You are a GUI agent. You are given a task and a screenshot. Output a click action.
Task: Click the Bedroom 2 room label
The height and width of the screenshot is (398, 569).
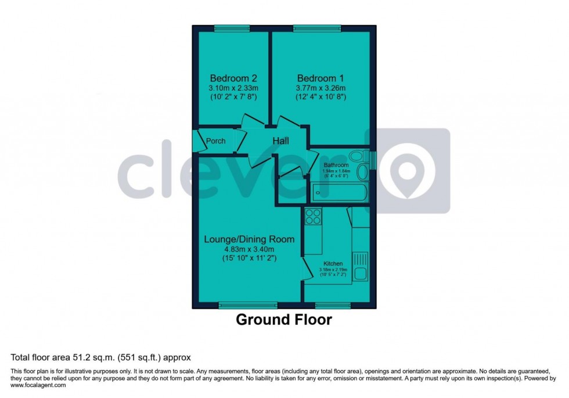[x=233, y=78]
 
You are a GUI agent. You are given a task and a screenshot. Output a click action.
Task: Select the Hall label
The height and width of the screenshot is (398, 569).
[x=281, y=141]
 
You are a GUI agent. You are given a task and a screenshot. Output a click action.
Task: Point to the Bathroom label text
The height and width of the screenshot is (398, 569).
[x=336, y=165]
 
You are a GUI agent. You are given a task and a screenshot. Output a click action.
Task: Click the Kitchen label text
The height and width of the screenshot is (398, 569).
[x=333, y=263]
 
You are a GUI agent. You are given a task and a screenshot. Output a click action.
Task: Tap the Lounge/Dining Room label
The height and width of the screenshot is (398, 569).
[x=249, y=239]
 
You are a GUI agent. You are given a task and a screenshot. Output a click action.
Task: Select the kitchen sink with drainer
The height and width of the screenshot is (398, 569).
[x=361, y=266]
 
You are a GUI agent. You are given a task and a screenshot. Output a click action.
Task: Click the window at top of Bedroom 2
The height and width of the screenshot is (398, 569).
[x=232, y=28]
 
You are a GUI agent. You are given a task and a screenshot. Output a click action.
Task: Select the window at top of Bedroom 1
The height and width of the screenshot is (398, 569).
[x=317, y=28]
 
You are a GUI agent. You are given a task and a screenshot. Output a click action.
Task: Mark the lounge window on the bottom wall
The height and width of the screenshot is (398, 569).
[x=248, y=304]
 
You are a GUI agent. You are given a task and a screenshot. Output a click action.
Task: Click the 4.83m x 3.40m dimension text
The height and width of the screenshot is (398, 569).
[x=249, y=249]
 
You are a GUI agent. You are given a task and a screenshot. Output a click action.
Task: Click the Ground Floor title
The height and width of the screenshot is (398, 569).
[x=284, y=320]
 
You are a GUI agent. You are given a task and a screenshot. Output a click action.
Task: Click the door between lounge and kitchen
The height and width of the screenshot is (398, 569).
[x=305, y=270]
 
